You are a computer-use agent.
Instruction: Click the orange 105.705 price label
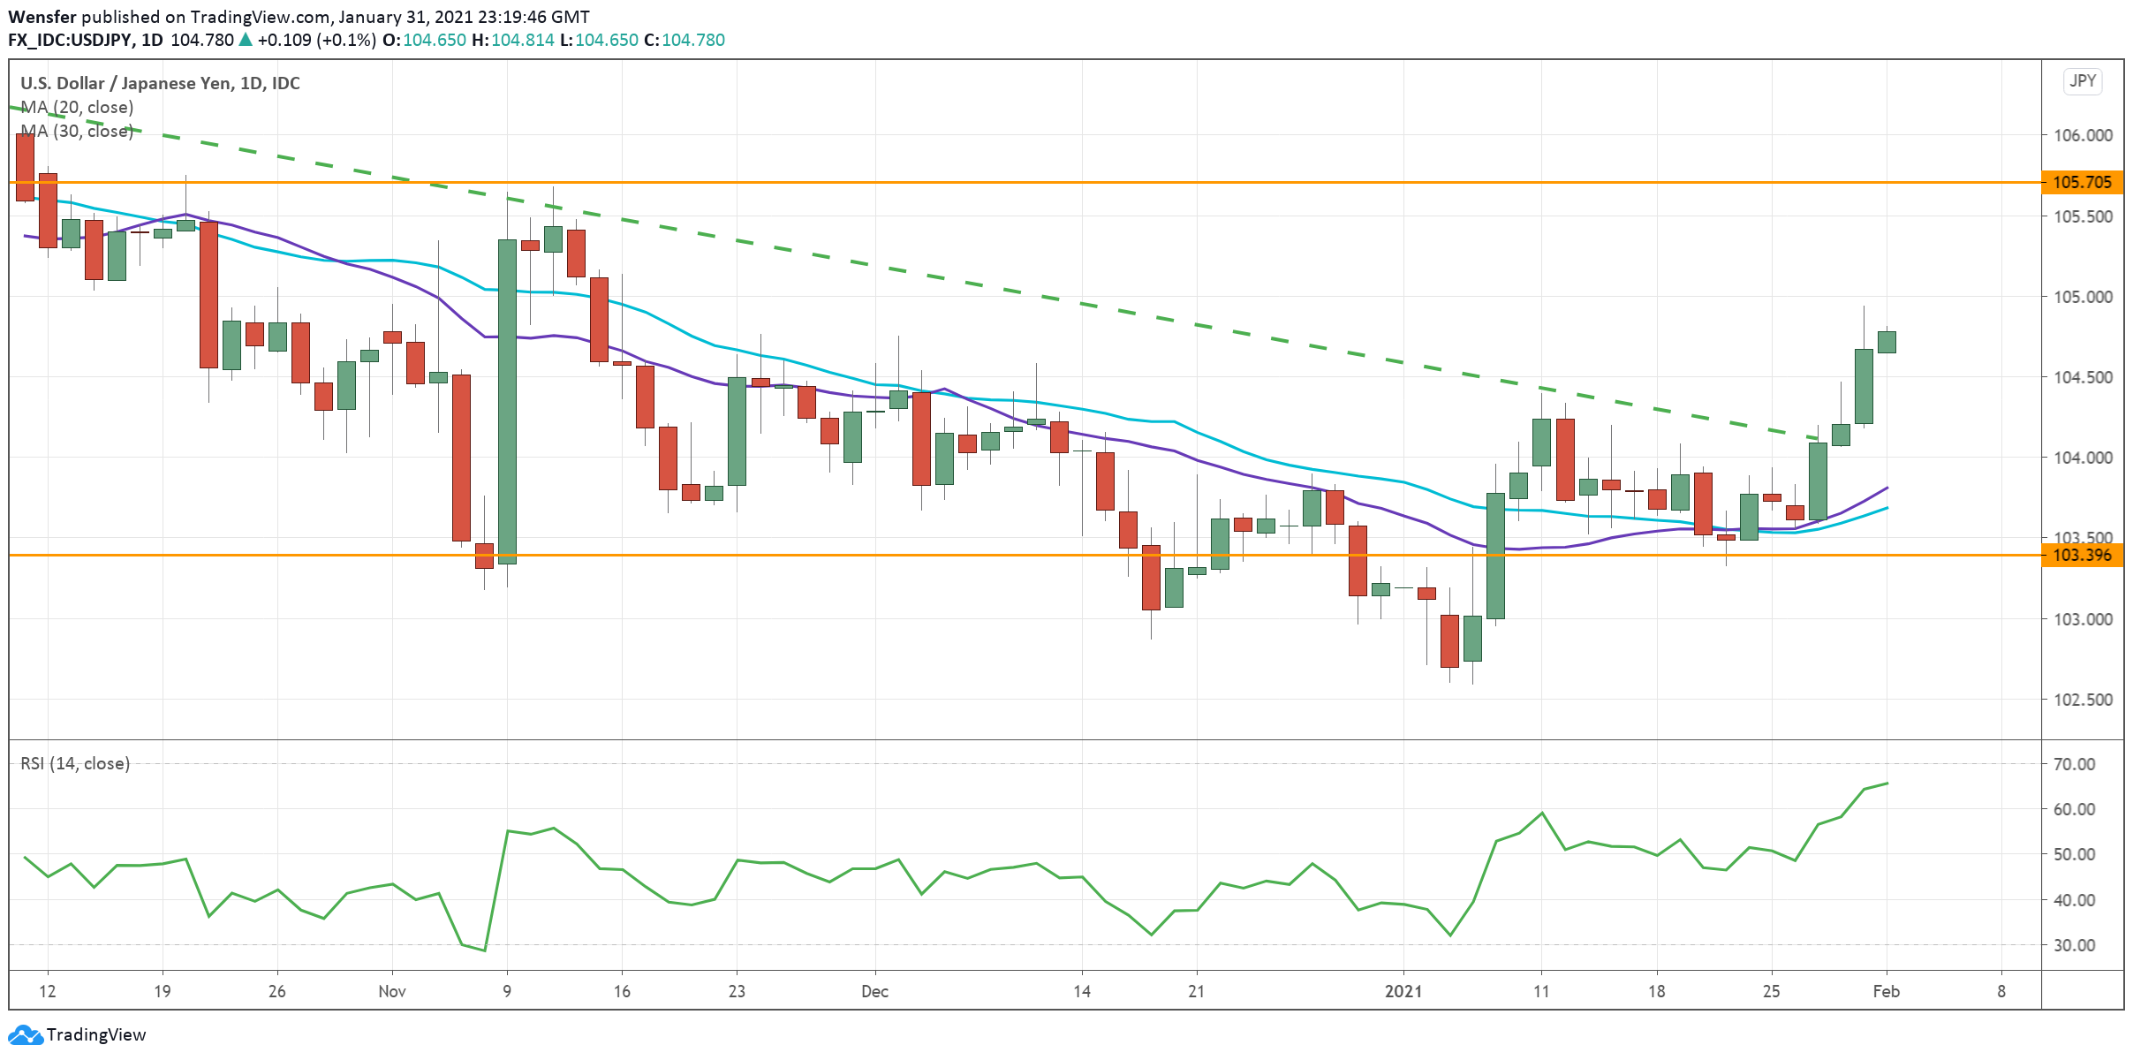pos(2082,183)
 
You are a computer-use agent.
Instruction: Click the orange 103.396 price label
pos(2082,556)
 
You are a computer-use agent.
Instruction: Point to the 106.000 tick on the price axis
pos(2082,135)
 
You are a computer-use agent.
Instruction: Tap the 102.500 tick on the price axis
pos(2082,700)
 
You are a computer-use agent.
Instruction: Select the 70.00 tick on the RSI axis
pos(2074,764)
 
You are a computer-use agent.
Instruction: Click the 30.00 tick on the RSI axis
pos(2074,945)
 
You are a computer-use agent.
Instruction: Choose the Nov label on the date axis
pos(391,991)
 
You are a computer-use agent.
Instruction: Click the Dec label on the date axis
pos(874,991)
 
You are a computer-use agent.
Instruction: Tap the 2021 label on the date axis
pos(1403,991)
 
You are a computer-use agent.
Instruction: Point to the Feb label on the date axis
pos(1886,991)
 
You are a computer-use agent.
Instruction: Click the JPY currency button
pos(2082,81)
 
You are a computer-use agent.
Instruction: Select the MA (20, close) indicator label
pos(77,108)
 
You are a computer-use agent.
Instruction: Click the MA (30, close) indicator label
pos(77,132)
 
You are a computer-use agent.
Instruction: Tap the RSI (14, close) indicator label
pos(75,763)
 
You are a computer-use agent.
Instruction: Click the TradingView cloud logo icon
pos(24,1034)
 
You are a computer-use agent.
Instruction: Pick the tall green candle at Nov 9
pos(507,401)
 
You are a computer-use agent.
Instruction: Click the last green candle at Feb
pos(1887,342)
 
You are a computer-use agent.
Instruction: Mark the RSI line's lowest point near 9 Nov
pos(484,950)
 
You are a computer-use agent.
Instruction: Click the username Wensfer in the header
pos(42,17)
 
